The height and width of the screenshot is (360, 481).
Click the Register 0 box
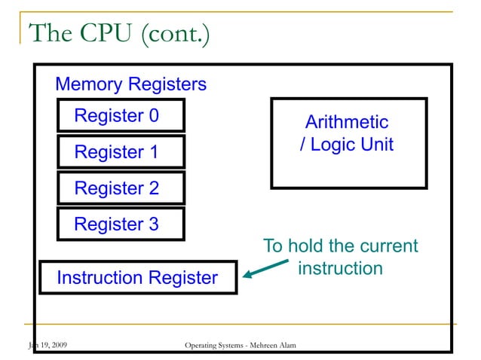pos(121,116)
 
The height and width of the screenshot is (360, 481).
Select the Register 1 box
pos(121,152)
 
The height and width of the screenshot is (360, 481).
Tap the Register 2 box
pos(121,188)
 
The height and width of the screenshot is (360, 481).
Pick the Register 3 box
pos(121,224)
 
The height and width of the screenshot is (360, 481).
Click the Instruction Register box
pos(138,278)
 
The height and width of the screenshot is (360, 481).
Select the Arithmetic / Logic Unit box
pos(348,143)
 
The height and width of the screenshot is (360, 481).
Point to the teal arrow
pos(264,270)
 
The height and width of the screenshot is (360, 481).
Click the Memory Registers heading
pos(130,84)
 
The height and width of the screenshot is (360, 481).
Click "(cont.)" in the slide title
pos(172,34)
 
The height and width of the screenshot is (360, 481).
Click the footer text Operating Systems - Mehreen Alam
pos(240,346)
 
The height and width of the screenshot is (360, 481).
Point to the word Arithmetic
pos(347,122)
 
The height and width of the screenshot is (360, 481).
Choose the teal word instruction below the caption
pos(340,268)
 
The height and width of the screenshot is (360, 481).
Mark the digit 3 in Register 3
pos(153,224)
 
